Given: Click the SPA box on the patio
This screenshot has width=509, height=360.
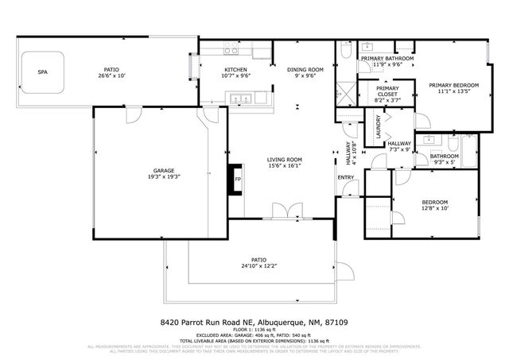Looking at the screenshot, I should pyautogui.click(x=43, y=72).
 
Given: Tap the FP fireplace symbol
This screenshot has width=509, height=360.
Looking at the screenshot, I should pyautogui.click(x=237, y=179).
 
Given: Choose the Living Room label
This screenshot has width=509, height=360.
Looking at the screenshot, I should pyautogui.click(x=284, y=163).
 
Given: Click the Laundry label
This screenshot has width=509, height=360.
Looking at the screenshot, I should pyautogui.click(x=378, y=130).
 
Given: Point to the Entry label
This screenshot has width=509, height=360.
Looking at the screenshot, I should pyautogui.click(x=345, y=177).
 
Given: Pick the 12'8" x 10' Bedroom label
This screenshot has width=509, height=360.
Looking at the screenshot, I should pyautogui.click(x=435, y=205).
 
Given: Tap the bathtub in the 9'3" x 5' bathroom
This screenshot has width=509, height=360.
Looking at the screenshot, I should pyautogui.click(x=468, y=150).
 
